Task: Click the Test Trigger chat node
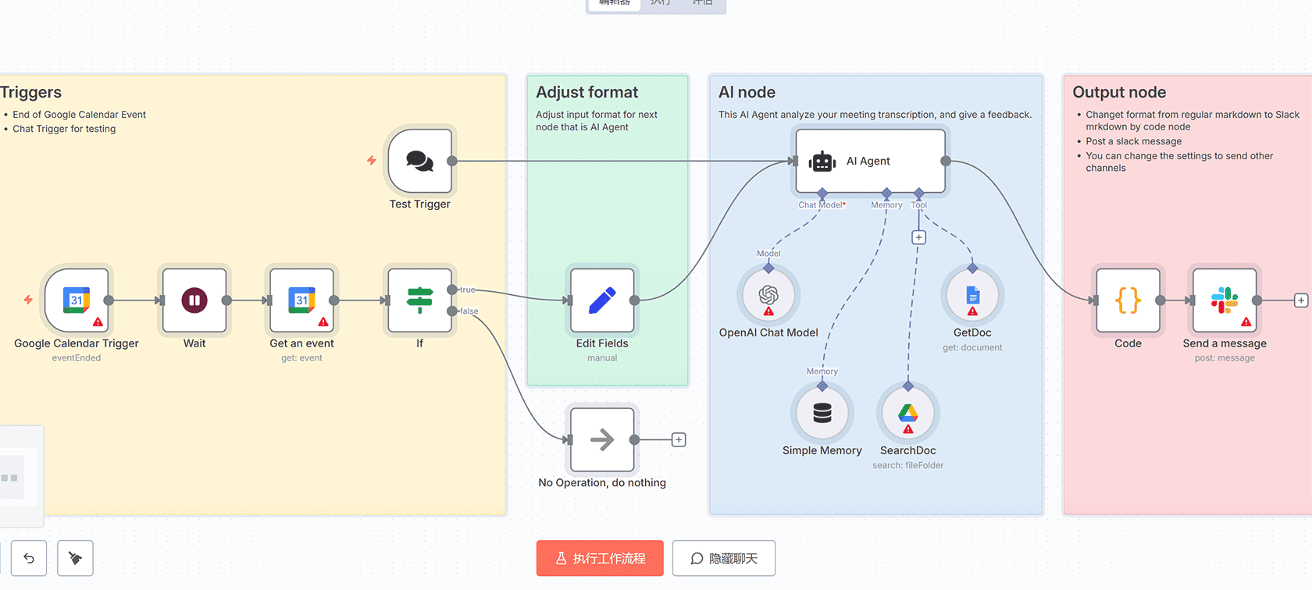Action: click(x=420, y=162)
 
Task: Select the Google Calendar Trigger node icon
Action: click(x=77, y=300)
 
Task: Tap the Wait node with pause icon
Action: click(x=194, y=300)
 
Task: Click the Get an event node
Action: click(x=301, y=300)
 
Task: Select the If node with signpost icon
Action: click(x=419, y=300)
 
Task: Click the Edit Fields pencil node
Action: click(x=602, y=300)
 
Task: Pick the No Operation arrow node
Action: click(x=602, y=440)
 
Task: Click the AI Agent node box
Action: click(x=870, y=162)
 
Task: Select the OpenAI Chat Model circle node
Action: click(x=768, y=295)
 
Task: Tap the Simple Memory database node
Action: click(x=822, y=413)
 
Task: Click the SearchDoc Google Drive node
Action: click(x=907, y=413)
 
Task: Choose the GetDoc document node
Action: click(x=972, y=295)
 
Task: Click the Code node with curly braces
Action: click(x=1128, y=300)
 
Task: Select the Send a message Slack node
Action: click(x=1224, y=300)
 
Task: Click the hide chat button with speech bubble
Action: click(x=724, y=559)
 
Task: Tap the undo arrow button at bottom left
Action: click(x=29, y=559)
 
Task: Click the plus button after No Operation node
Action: click(x=679, y=440)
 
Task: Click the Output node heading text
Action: click(x=1119, y=92)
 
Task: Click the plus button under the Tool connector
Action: click(x=919, y=237)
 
